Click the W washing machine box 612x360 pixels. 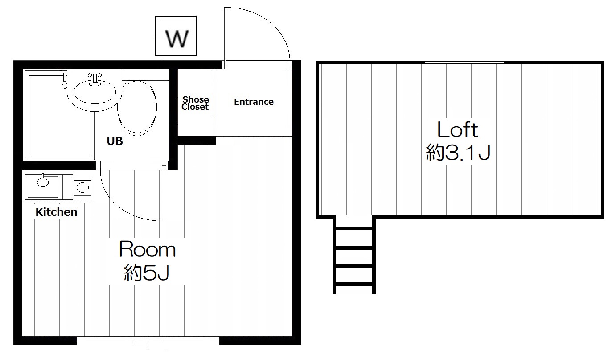pyautogui.click(x=176, y=36)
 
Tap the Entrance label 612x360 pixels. pyautogui.click(x=254, y=102)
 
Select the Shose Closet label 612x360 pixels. pyautogui.click(x=195, y=103)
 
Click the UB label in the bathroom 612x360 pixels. pyautogui.click(x=115, y=141)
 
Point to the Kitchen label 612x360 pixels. pyautogui.click(x=56, y=212)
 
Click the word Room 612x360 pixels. pyautogui.click(x=147, y=249)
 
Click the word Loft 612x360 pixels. pyautogui.click(x=458, y=129)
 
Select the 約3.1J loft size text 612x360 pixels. pyautogui.click(x=458, y=152)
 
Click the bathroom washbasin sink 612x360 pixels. pyautogui.click(x=94, y=92)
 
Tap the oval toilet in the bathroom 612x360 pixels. pyautogui.click(x=137, y=108)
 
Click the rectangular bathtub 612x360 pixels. pyautogui.click(x=60, y=115)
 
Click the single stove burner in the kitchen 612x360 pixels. pyautogui.click(x=82, y=187)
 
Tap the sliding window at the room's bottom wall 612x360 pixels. pyautogui.click(x=148, y=341)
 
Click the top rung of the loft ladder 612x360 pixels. pyautogui.click(x=354, y=228)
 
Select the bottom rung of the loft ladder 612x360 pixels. pyautogui.click(x=354, y=284)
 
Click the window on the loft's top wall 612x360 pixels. pyautogui.click(x=464, y=62)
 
